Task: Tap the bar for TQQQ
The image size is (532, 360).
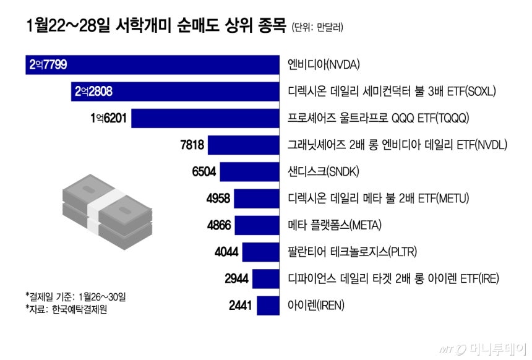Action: pyautogui.click(x=204, y=118)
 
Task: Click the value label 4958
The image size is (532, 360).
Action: pyautogui.click(x=218, y=199)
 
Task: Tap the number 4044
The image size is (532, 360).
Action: pyautogui.click(x=226, y=252)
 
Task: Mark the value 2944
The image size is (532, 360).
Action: pyautogui.click(x=236, y=279)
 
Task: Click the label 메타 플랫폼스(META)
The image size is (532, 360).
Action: pyautogui.click(x=334, y=225)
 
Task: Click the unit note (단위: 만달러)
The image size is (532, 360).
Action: pyautogui.click(x=317, y=27)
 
